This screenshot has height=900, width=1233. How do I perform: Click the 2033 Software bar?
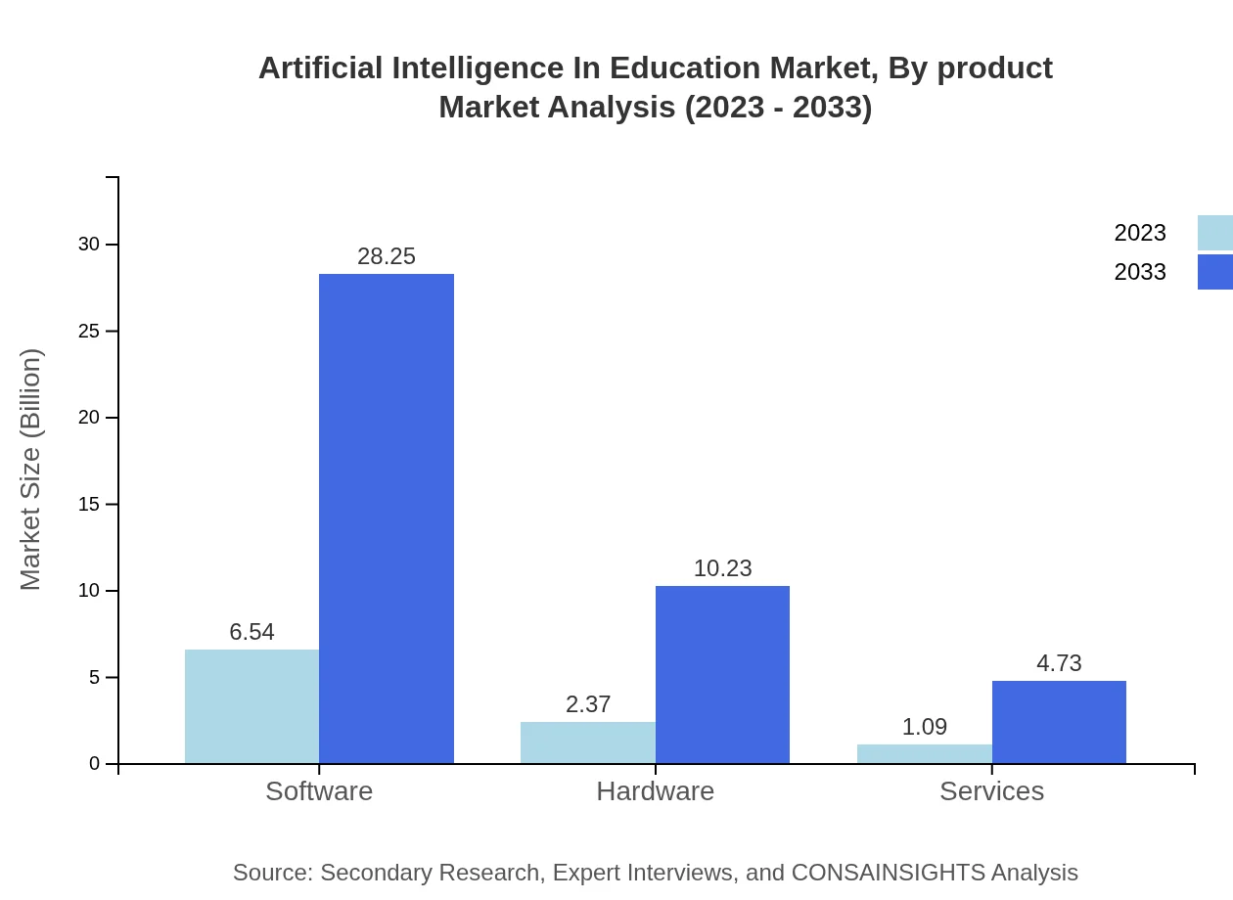coord(387,518)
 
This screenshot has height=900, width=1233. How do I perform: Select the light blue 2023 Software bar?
coord(251,706)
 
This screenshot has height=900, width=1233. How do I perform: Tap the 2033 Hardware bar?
coord(722,675)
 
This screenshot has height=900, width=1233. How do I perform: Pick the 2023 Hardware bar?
coord(588,742)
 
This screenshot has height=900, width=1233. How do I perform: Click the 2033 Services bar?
coord(1059,722)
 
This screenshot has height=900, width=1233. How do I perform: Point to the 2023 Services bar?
coord(925,754)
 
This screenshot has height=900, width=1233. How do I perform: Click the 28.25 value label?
coord(387,256)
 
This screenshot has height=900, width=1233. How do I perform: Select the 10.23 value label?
coord(722,568)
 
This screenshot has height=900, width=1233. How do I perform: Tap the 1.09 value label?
coord(925,727)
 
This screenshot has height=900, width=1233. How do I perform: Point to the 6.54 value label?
coord(251,632)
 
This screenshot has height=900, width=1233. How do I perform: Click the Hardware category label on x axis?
coord(655,791)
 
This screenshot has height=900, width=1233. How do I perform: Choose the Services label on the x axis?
coord(991,791)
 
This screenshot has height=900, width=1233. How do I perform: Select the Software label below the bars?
coord(319,791)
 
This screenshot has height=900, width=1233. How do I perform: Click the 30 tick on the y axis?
coord(89,245)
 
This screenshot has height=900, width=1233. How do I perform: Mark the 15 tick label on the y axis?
coord(89,505)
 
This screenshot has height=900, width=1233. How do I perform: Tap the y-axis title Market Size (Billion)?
coord(30,470)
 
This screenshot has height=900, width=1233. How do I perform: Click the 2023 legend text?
coord(1140,233)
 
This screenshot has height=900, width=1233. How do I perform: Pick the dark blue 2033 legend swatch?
coord(1214,272)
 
